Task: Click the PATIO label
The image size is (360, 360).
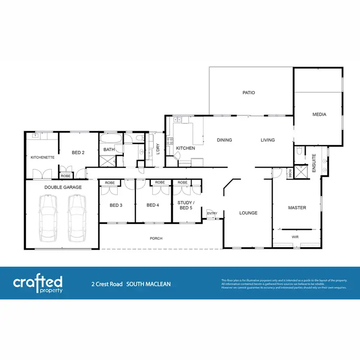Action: [248, 93]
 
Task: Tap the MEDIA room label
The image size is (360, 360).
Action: [319, 114]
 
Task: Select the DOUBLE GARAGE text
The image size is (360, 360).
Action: [63, 187]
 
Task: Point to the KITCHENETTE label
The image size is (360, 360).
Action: [42, 157]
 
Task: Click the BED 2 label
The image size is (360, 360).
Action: [78, 153]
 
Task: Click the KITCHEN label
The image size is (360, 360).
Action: [185, 148]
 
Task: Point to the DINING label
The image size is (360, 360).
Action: [224, 140]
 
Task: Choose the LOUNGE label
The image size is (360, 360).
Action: [249, 213]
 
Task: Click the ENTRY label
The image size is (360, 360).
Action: [212, 213]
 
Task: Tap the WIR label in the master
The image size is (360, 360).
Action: [295, 237]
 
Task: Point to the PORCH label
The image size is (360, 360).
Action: [156, 238]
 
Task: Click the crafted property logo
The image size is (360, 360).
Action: [38, 284]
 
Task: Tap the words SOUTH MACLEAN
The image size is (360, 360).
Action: [148, 284]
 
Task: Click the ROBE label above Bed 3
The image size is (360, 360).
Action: [110, 183]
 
